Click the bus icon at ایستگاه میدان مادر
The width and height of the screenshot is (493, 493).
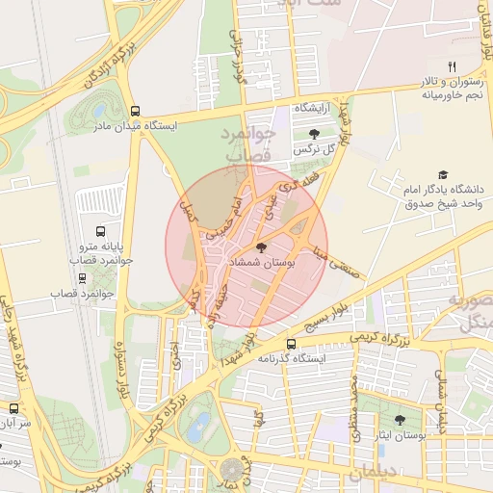pos(135,111)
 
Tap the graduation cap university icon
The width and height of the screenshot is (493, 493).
pos(443,175)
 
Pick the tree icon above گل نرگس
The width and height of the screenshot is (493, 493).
pos(314,134)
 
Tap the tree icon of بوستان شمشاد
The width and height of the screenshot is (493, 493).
pos(262,248)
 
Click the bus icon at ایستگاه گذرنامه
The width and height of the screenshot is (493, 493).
pos(292,344)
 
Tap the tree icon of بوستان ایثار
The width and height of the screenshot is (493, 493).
pos(401,420)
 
